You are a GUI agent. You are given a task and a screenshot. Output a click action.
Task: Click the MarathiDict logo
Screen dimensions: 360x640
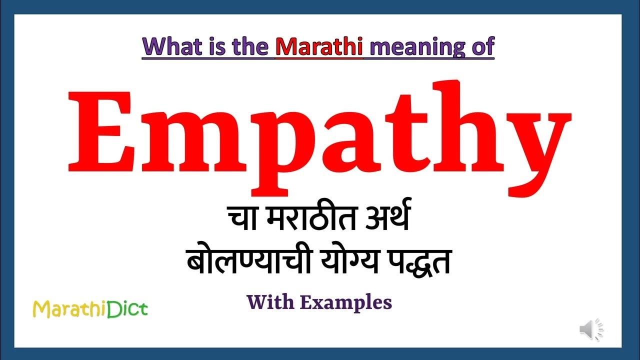pyautogui.click(x=90, y=309)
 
